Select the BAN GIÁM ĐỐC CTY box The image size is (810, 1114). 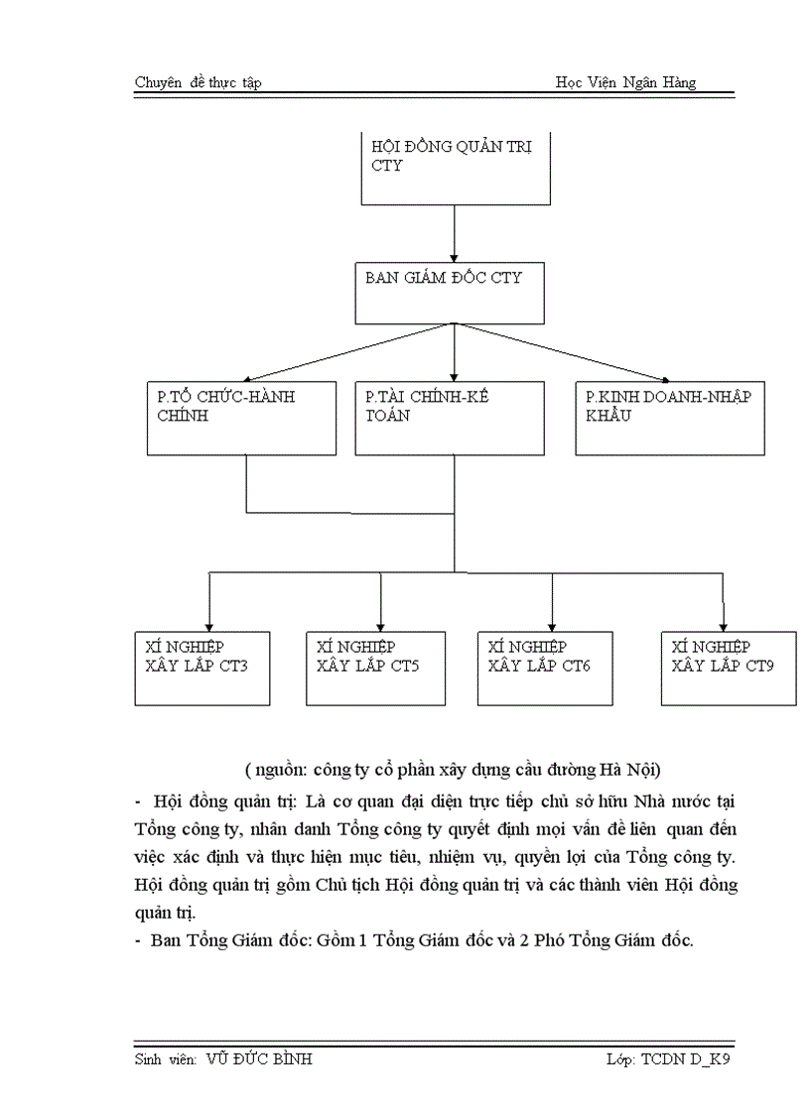point(450,294)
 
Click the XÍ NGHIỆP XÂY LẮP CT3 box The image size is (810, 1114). point(202,668)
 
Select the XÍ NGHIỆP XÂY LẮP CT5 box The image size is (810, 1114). point(374,668)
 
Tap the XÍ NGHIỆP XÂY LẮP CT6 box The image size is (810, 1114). point(545,668)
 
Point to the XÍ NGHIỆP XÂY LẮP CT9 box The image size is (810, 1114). point(729,668)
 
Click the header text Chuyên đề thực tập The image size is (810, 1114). point(198,82)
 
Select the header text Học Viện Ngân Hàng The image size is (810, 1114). point(625,82)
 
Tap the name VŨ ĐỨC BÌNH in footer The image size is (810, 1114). point(259,1059)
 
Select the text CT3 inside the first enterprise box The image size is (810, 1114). point(230,666)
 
